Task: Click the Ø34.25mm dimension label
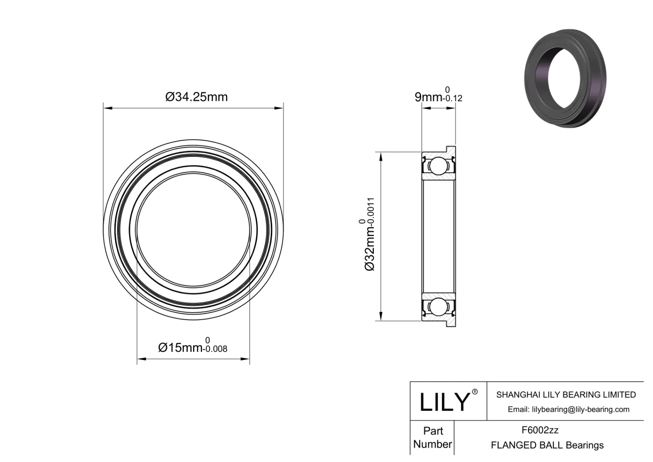tap(196, 97)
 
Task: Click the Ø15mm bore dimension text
tap(180, 347)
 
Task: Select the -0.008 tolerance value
tap(215, 349)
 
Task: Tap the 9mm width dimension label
tap(428, 97)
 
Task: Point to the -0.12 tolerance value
tap(452, 98)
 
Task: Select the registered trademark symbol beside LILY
tap(475, 392)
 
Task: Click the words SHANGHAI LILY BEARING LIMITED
tap(566, 395)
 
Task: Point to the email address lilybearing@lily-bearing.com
tap(568, 409)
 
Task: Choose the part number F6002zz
tap(540, 430)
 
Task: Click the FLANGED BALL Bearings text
tap(547, 445)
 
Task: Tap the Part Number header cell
tap(433, 438)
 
